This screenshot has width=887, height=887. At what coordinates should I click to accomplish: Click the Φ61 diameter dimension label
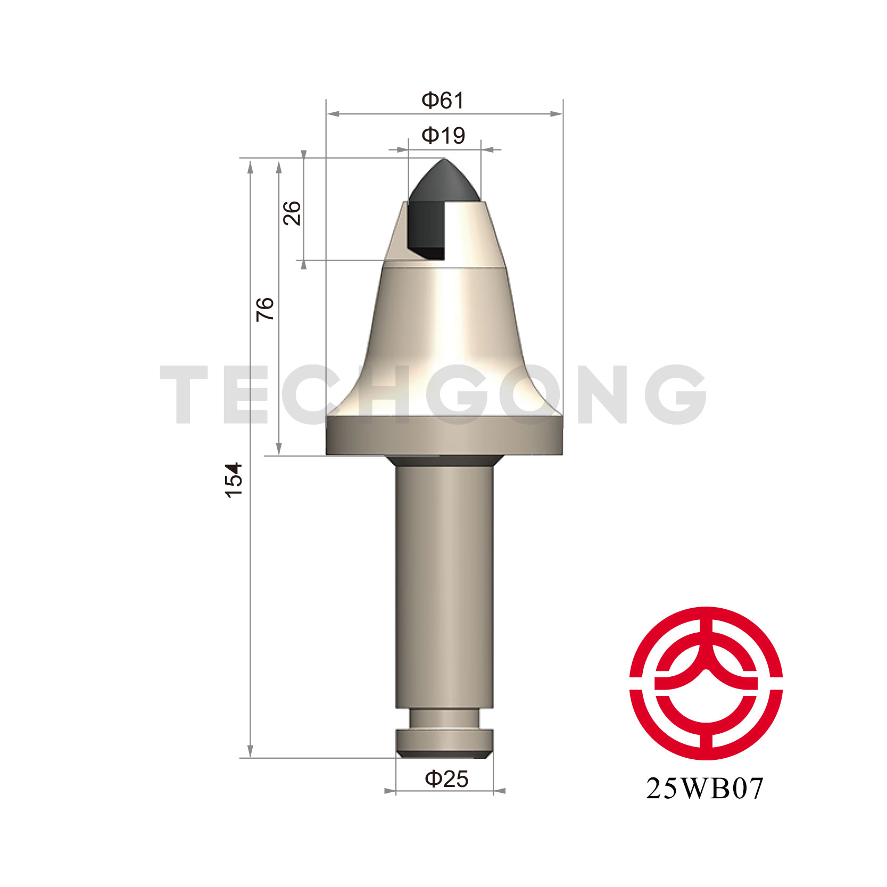pos(443,100)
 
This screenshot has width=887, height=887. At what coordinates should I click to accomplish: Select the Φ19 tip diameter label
pos(443,136)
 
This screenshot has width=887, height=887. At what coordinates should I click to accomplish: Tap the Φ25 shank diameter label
pos(446,779)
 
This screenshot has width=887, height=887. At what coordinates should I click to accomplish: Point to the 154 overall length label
pos(234,480)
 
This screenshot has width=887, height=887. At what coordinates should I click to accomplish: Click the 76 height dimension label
pos(265,309)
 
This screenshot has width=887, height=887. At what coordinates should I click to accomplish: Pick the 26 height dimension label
pos(292,213)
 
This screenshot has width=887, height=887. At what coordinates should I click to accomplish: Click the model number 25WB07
pos(705,789)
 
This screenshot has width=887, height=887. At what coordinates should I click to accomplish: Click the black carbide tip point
pos(444,159)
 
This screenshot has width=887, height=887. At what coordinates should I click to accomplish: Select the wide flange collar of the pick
pos(444,436)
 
